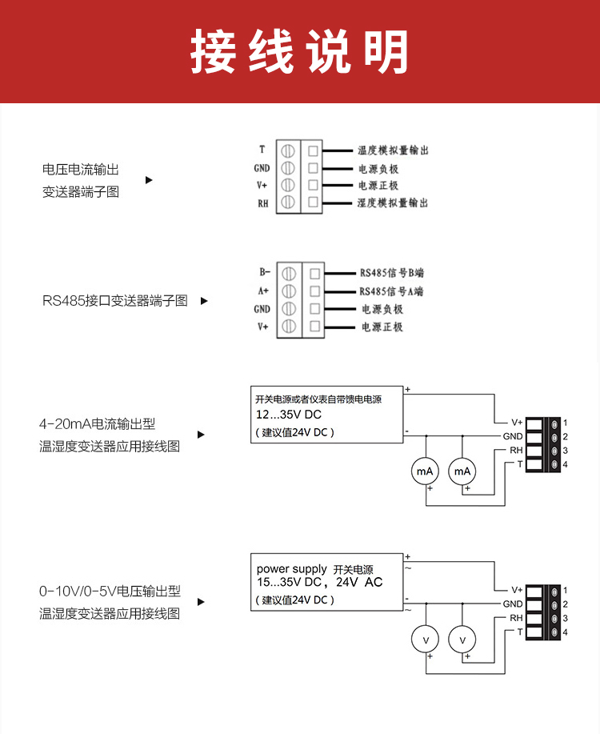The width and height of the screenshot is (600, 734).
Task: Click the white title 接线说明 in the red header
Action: [299, 50]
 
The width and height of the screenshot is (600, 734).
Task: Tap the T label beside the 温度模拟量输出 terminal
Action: [262, 150]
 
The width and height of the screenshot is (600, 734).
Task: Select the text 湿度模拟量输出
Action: [393, 203]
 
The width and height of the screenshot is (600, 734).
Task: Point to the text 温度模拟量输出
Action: [393, 150]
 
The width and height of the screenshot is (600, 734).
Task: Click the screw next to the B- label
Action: [289, 274]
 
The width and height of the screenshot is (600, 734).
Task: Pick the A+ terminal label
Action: [263, 291]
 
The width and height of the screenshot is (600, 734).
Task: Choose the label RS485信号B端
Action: [392, 273]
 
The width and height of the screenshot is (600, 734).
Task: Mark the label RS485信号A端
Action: [391, 291]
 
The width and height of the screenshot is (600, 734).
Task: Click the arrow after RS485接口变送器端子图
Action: [204, 300]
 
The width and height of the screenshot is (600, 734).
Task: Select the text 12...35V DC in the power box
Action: [288, 415]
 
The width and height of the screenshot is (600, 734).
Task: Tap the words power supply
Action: [291, 569]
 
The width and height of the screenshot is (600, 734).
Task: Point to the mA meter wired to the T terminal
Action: [425, 471]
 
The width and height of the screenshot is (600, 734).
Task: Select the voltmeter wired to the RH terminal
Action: [462, 640]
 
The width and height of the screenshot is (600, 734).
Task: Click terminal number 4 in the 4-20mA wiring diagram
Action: [565, 464]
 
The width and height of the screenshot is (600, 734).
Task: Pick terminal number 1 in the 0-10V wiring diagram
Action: [565, 590]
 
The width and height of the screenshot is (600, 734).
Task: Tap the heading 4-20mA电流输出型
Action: [98, 424]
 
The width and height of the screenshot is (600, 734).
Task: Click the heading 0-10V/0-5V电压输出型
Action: [110, 592]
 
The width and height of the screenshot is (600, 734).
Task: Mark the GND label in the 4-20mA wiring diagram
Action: [513, 436]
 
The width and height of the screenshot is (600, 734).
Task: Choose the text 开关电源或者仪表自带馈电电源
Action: [318, 399]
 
